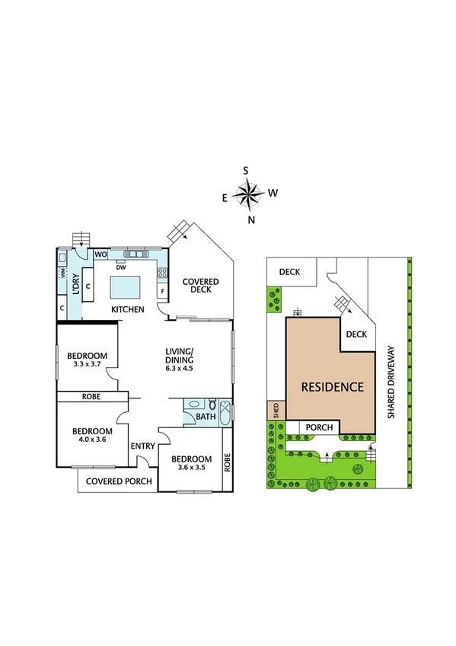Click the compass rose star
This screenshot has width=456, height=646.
tap(247, 196)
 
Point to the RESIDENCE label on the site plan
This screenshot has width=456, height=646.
tap(332, 387)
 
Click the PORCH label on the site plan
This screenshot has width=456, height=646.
tap(320, 428)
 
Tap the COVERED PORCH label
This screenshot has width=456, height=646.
tap(119, 481)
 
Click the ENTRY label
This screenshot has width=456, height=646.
tap(143, 446)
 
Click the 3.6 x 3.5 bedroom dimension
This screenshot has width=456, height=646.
tap(190, 469)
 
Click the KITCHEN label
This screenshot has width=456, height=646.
tap(128, 309)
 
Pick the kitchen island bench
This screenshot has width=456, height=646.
tap(126, 288)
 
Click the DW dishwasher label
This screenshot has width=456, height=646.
tap(120, 267)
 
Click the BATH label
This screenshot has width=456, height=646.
tap(205, 417)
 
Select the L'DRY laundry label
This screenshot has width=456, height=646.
tap(75, 283)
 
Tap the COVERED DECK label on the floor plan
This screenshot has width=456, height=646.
tap(200, 286)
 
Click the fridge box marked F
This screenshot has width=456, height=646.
tap(162, 292)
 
